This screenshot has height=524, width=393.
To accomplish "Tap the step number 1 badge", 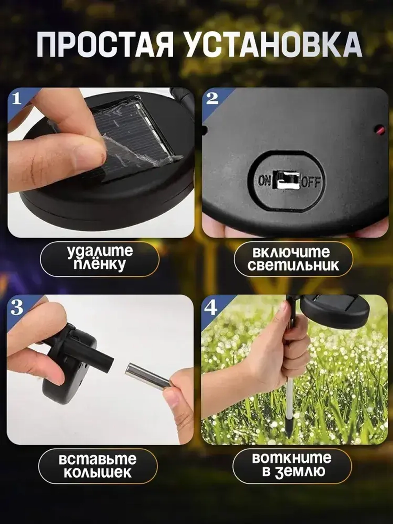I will (x=17, y=98).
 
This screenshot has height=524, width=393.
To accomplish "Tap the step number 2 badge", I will (x=212, y=98).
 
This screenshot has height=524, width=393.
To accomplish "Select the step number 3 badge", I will (x=17, y=307).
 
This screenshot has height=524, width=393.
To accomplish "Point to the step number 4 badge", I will (x=211, y=307).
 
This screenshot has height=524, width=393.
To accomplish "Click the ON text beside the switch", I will (x=264, y=181).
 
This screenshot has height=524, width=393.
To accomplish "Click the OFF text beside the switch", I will (x=311, y=182).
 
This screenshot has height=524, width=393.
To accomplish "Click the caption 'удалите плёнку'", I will (x=100, y=258).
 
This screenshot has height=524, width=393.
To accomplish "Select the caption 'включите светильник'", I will (x=293, y=259).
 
